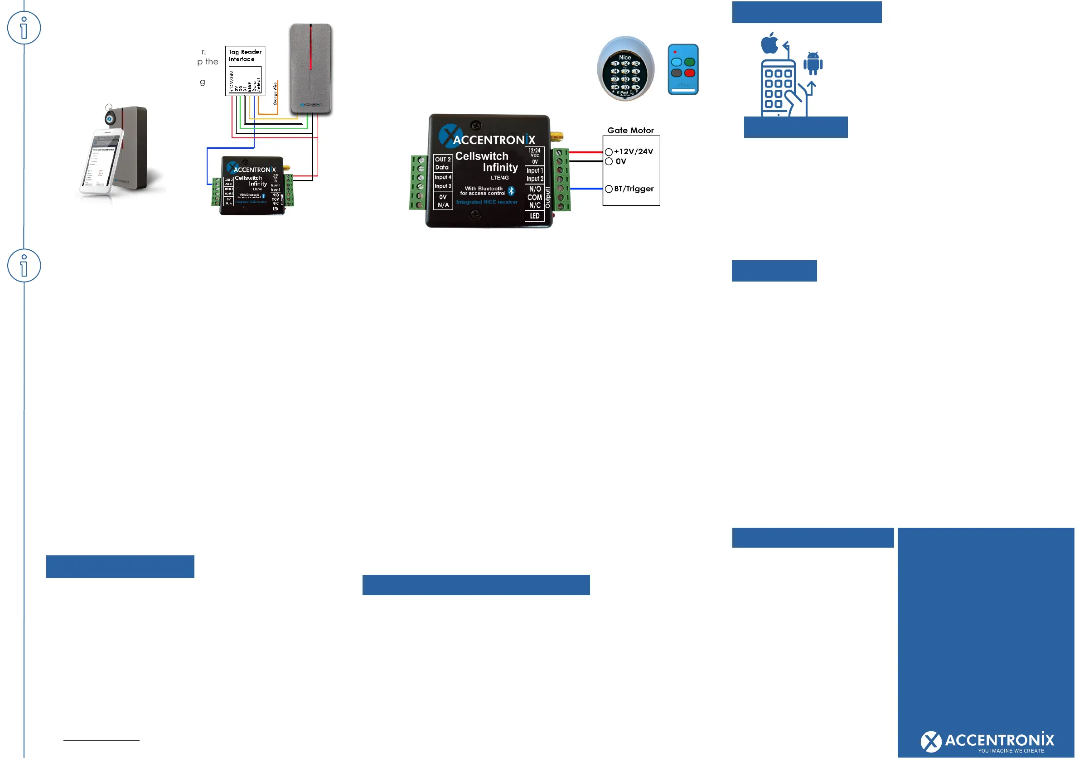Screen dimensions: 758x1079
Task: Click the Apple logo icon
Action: (769, 43)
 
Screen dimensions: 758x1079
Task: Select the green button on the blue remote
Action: (689, 62)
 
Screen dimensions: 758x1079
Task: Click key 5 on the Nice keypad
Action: (625, 72)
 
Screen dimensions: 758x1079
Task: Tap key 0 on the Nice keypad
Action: (625, 87)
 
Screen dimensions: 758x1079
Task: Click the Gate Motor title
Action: (630, 130)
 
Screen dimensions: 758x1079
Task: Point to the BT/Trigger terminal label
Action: (634, 189)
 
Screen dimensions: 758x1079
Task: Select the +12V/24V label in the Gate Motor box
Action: (633, 151)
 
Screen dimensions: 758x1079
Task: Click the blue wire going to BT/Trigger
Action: (585, 189)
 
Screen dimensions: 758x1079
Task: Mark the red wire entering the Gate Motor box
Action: (585, 152)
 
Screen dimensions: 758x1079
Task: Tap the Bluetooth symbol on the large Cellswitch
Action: (511, 191)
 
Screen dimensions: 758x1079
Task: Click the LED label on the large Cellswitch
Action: (534, 216)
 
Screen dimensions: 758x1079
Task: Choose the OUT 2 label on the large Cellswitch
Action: (442, 160)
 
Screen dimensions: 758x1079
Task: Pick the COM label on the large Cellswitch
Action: (534, 197)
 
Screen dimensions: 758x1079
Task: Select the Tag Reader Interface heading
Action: (245, 55)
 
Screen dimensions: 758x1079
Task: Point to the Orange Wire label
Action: (276, 93)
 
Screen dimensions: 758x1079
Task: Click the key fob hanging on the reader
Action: (110, 118)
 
